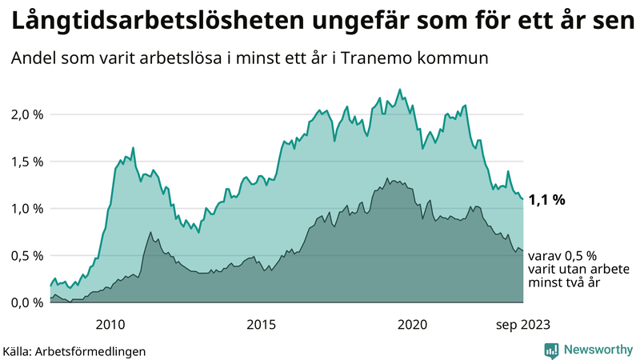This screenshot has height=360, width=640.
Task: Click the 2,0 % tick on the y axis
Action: click(27, 114)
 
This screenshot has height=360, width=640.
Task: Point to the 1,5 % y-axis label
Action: click(27, 162)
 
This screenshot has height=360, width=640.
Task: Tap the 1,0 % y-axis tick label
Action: click(27, 209)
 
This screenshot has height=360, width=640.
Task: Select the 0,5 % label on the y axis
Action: click(27, 256)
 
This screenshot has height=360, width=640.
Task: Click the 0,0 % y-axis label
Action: click(27, 302)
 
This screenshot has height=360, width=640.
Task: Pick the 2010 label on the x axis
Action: click(110, 324)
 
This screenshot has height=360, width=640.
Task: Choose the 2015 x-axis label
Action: click(262, 324)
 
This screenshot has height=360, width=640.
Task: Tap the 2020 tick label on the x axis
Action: click(413, 324)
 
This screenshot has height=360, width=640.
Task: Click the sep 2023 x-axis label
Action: click(522, 324)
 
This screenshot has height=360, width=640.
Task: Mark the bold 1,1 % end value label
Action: click(546, 200)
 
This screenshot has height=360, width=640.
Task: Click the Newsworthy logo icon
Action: click(551, 350)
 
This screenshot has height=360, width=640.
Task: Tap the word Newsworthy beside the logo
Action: click(596, 350)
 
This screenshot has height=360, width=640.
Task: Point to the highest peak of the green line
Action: click(400, 90)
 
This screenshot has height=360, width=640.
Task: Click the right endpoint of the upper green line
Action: click(522, 199)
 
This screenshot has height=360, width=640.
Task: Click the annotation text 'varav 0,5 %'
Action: click(562, 256)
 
